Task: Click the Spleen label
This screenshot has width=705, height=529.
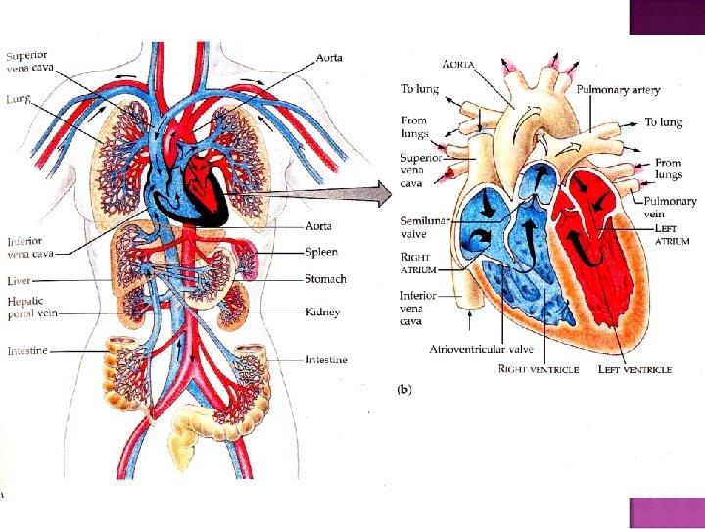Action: click(321, 252)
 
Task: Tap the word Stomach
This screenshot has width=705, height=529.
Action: click(326, 279)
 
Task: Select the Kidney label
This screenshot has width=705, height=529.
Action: click(322, 313)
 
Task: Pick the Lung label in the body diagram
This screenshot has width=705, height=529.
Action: click(20, 99)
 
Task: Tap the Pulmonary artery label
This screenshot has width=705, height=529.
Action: click(618, 89)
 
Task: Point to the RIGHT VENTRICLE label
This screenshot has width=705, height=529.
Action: click(539, 370)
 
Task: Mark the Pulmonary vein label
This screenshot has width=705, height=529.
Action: click(671, 208)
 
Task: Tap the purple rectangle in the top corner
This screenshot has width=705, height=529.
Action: click(667, 17)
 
